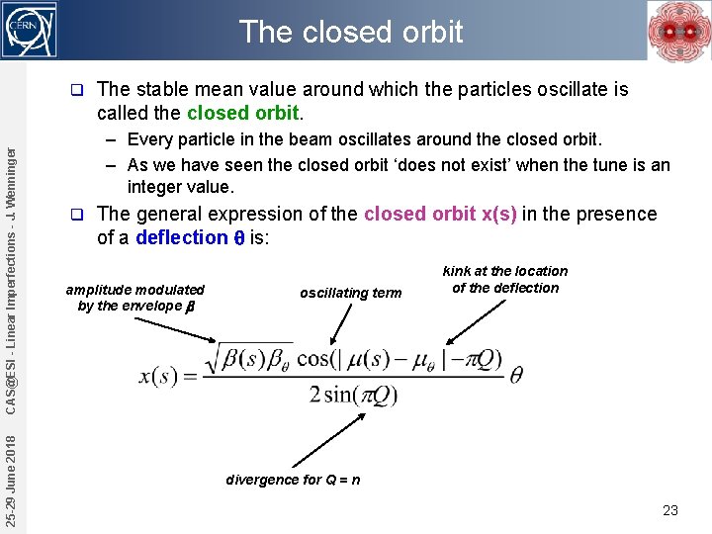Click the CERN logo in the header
pyautogui.click(x=32, y=30)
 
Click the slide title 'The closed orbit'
pyautogui.click(x=351, y=32)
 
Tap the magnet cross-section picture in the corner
pyautogui.click(x=677, y=31)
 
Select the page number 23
pyautogui.click(x=670, y=510)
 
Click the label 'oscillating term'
pyautogui.click(x=351, y=293)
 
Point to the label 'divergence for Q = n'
pyautogui.click(x=293, y=480)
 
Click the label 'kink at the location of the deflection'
pyautogui.click(x=505, y=280)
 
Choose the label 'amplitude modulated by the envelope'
pyautogui.click(x=134, y=298)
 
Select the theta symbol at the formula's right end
pyautogui.click(x=515, y=376)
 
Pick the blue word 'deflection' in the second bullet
pyautogui.click(x=182, y=237)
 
